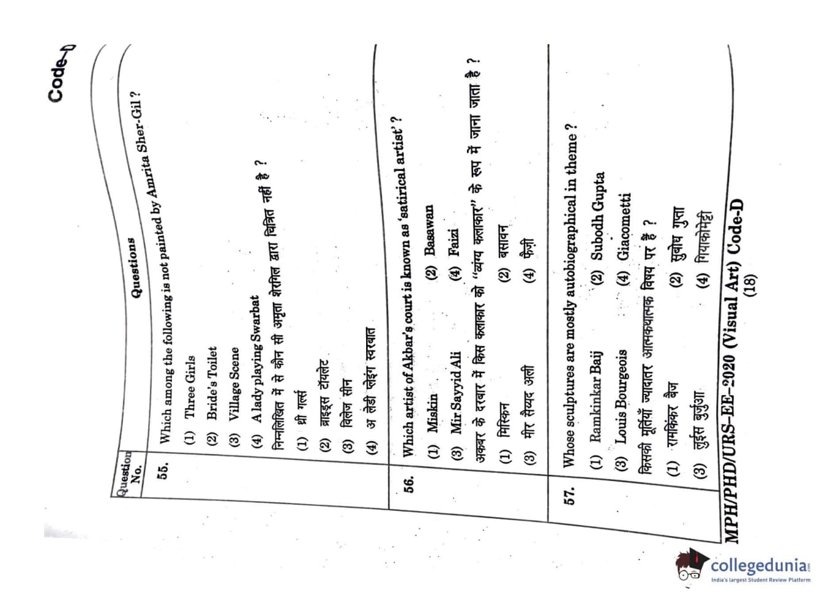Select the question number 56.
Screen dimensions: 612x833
[409, 485]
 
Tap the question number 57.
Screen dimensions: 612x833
[570, 496]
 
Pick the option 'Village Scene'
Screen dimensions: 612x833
[234, 384]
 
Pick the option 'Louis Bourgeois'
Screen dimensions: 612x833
[622, 396]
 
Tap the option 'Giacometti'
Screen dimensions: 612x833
[624, 226]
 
